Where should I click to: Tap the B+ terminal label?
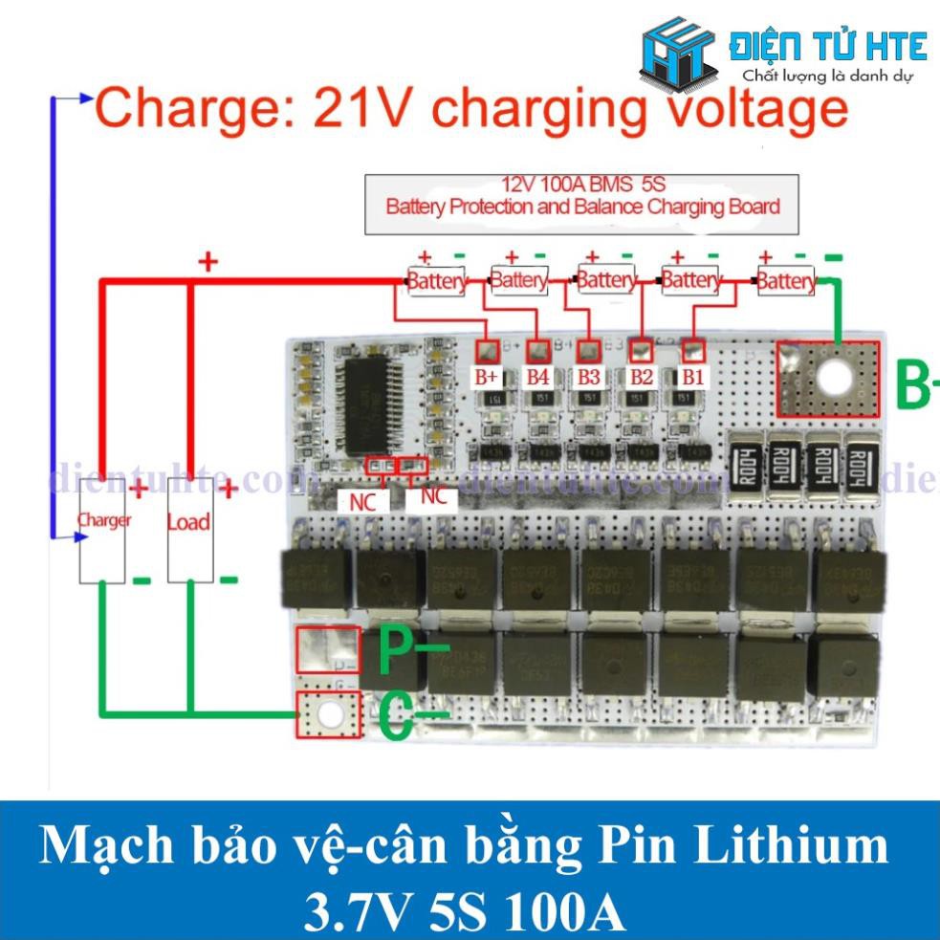(x=487, y=377)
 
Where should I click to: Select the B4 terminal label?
(x=538, y=377)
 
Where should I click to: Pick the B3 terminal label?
(x=588, y=377)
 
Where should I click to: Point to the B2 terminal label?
(x=641, y=377)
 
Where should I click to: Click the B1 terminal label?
(x=692, y=377)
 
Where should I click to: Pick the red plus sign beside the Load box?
(x=230, y=490)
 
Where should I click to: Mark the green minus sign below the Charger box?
(x=142, y=580)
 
